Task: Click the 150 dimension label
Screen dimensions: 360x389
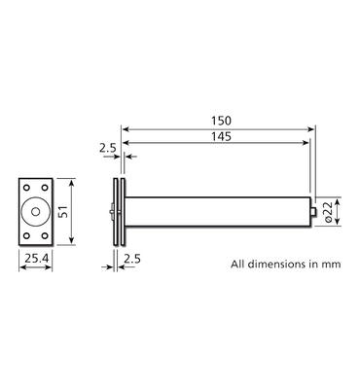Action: click(x=222, y=121)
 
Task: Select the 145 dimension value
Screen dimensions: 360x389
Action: click(x=222, y=136)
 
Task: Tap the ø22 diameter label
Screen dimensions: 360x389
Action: click(x=328, y=212)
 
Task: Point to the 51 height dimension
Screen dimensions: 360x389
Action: click(x=64, y=211)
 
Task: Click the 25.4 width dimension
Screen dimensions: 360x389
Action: click(x=37, y=259)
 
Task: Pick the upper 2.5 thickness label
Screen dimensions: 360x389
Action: click(x=108, y=148)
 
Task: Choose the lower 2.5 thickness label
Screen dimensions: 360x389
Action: click(x=132, y=259)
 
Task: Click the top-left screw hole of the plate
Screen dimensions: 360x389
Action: click(x=26, y=188)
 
